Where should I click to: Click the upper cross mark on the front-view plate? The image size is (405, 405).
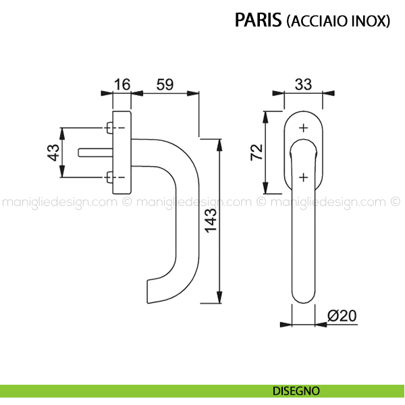coord(303,127)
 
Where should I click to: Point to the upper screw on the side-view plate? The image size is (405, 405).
coord(109,127)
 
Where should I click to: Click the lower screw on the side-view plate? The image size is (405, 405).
coord(109,178)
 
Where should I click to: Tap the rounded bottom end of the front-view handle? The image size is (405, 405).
coord(303,297)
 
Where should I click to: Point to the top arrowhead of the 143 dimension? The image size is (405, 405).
coord(219,143)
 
